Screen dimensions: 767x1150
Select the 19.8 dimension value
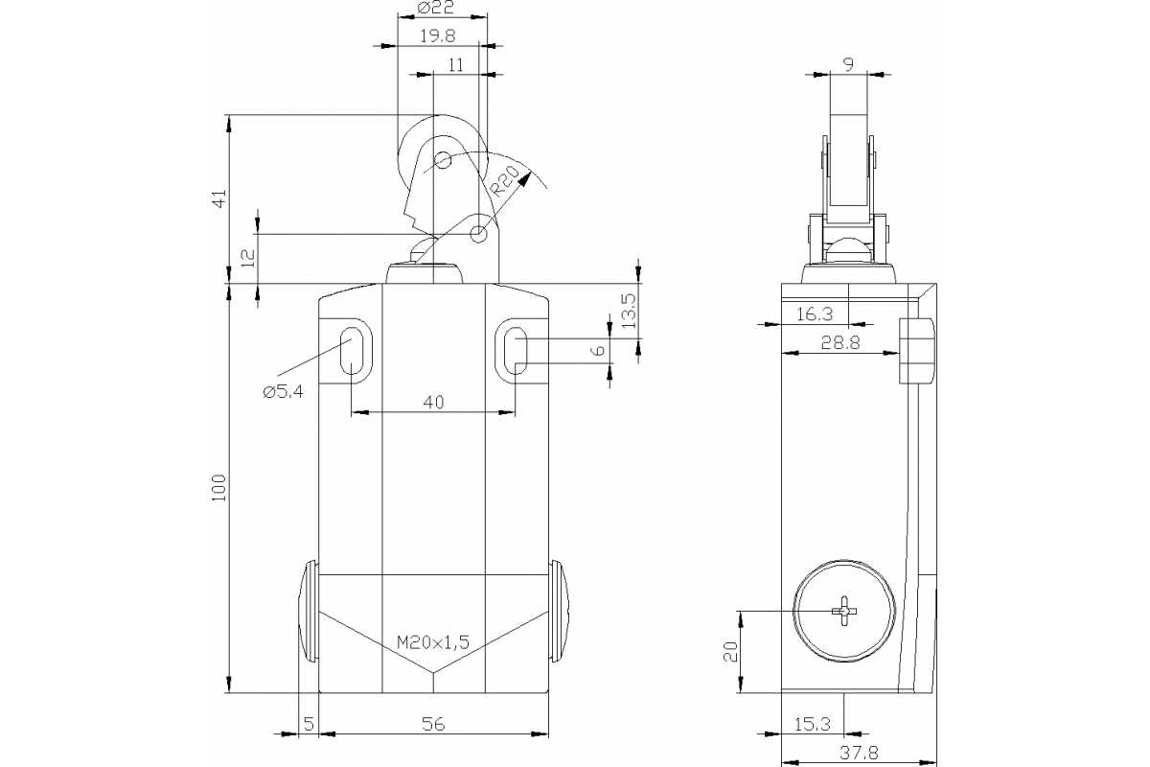(x=436, y=35)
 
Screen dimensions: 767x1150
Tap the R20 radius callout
(x=504, y=179)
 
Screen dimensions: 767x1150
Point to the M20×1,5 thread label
(x=433, y=642)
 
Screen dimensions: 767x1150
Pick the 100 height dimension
(x=218, y=488)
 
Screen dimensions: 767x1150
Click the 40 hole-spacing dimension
(x=433, y=403)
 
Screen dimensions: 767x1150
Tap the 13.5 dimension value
(x=628, y=312)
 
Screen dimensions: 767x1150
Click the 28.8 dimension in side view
(x=839, y=341)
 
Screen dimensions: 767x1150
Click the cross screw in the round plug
(x=844, y=611)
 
